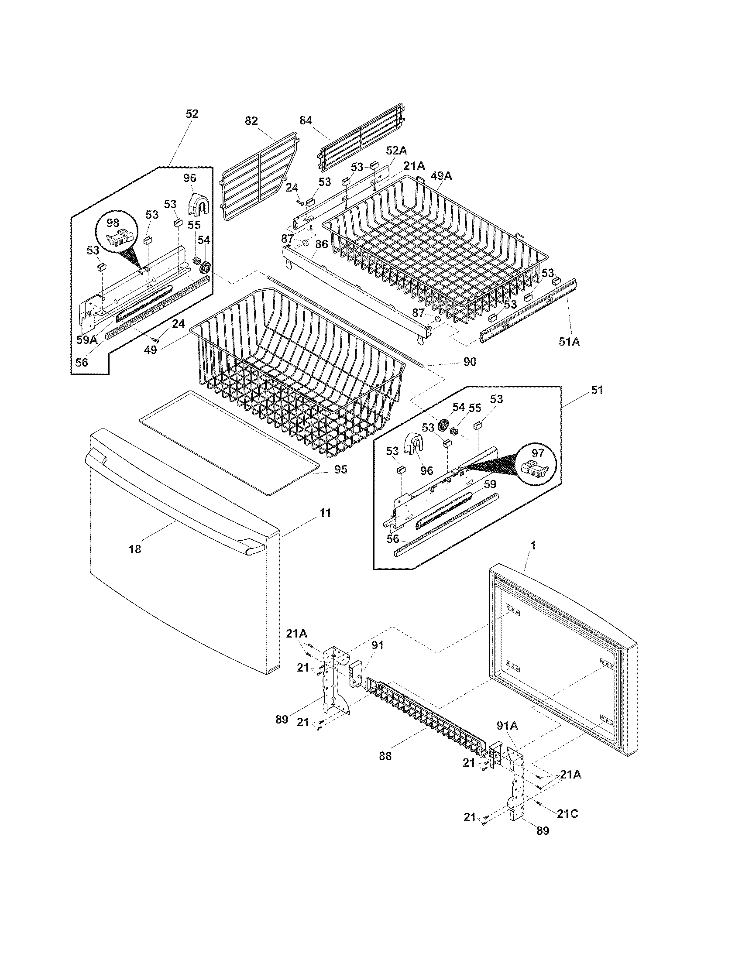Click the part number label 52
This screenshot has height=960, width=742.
coord(192,114)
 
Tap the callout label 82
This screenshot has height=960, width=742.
coord(251,121)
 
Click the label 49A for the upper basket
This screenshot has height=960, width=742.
coord(441,176)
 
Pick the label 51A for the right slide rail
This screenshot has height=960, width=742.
coord(569,341)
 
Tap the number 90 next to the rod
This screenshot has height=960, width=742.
coord(470,362)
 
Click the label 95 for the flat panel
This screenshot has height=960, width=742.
coord(340,470)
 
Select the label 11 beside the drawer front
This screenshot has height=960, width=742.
coord(325,513)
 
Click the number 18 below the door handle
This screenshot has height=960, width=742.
coord(135,549)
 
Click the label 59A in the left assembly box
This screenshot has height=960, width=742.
coord(86,339)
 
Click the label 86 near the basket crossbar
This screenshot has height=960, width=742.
coord(322,244)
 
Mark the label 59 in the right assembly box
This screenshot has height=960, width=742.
coord(490,484)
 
